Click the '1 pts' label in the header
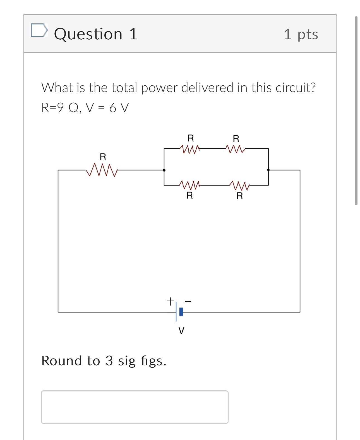301,34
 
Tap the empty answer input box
135,407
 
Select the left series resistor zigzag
102,170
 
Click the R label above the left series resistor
103,157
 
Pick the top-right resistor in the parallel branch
236,149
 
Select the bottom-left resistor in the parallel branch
190,185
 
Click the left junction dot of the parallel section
164,170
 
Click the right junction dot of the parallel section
268,170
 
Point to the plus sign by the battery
170,301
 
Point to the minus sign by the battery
188,301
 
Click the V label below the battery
181,331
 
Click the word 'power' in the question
159,88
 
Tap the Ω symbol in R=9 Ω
73,108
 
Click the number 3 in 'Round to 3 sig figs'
109,360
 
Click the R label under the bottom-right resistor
239,196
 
